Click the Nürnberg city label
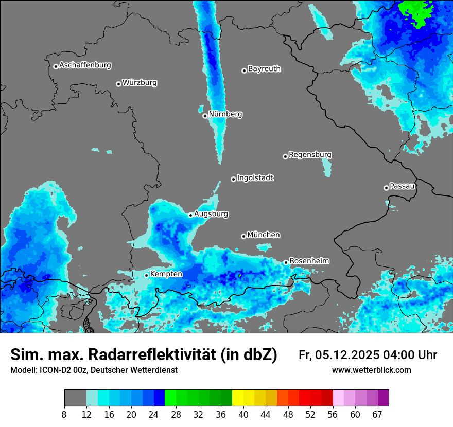coord(225,114)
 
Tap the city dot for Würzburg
coord(118,84)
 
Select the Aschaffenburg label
coord(85,65)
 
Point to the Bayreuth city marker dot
coord(244,70)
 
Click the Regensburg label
coord(310,154)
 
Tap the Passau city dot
coord(386,188)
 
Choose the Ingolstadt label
coord(255,178)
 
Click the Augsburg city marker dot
coord(190,215)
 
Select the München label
coord(264,235)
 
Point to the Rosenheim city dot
coord(286,262)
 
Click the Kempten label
coord(166,274)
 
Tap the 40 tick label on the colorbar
coord(243,415)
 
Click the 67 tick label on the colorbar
coord(377,415)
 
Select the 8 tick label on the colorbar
coord(64,415)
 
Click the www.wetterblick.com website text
coord(371,370)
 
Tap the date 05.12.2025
coord(348,355)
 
